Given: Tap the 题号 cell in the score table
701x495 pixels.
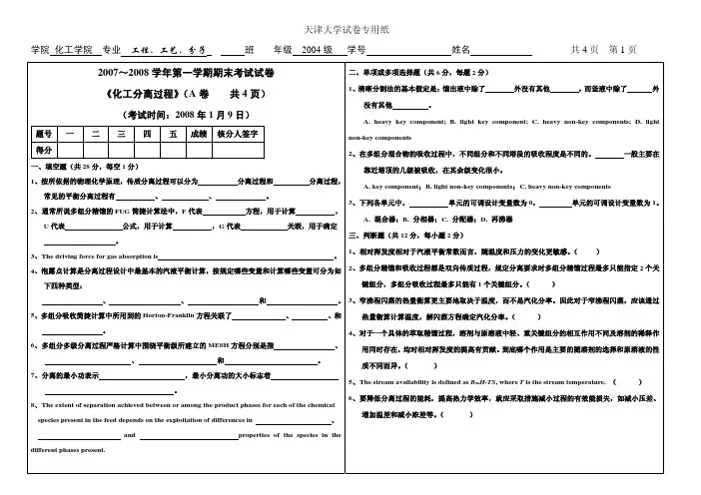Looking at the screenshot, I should pos(43,133).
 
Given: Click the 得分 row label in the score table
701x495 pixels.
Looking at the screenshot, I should pos(43,150).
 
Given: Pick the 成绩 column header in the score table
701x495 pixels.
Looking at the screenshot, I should pos(198,133).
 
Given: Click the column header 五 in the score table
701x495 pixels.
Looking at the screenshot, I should pos(173,133).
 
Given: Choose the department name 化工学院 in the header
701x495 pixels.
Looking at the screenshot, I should pos(73,49).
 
